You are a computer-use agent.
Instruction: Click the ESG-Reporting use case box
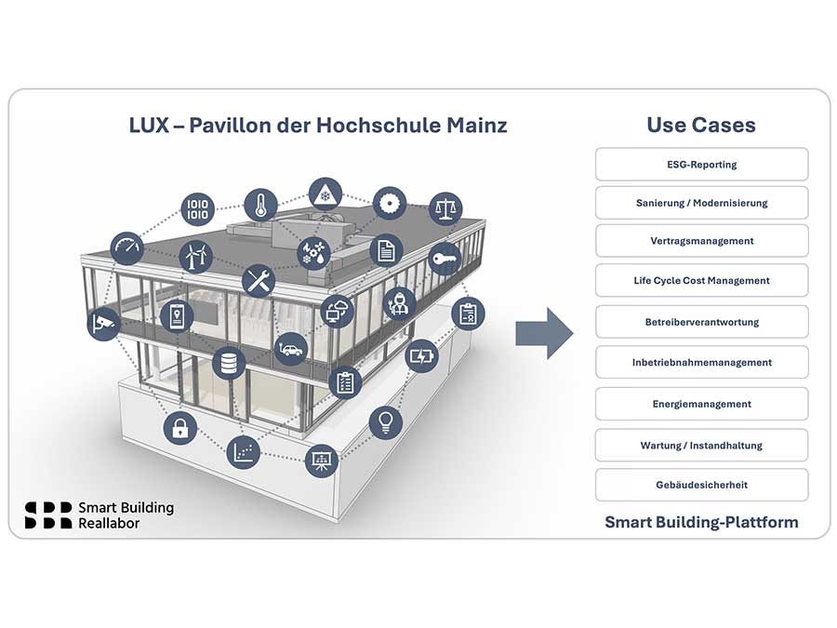coord(701,165)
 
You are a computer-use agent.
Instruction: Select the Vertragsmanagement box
coord(701,241)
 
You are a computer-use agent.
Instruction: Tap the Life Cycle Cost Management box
coord(701,280)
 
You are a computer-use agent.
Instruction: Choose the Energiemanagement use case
coord(701,404)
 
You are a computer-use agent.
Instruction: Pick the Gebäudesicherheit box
coord(701,485)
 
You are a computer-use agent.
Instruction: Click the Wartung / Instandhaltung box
coord(701,445)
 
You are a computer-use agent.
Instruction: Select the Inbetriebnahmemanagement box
coord(701,362)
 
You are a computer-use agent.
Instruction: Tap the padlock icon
coord(179,429)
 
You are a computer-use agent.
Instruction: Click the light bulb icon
coord(385,422)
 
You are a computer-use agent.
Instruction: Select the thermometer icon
coord(260,205)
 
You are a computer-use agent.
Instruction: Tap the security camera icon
coord(102,323)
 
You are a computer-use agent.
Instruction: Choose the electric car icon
coord(290,349)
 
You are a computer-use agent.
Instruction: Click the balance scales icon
coord(445,208)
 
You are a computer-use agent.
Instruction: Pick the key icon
coord(445,260)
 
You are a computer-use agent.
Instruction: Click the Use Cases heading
coord(701,125)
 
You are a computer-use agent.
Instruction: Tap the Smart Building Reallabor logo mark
coord(48,514)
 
